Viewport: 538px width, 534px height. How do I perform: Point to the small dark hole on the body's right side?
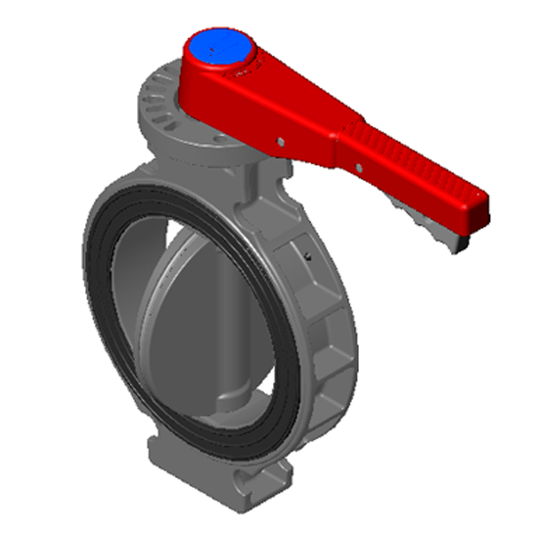click(306, 256)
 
